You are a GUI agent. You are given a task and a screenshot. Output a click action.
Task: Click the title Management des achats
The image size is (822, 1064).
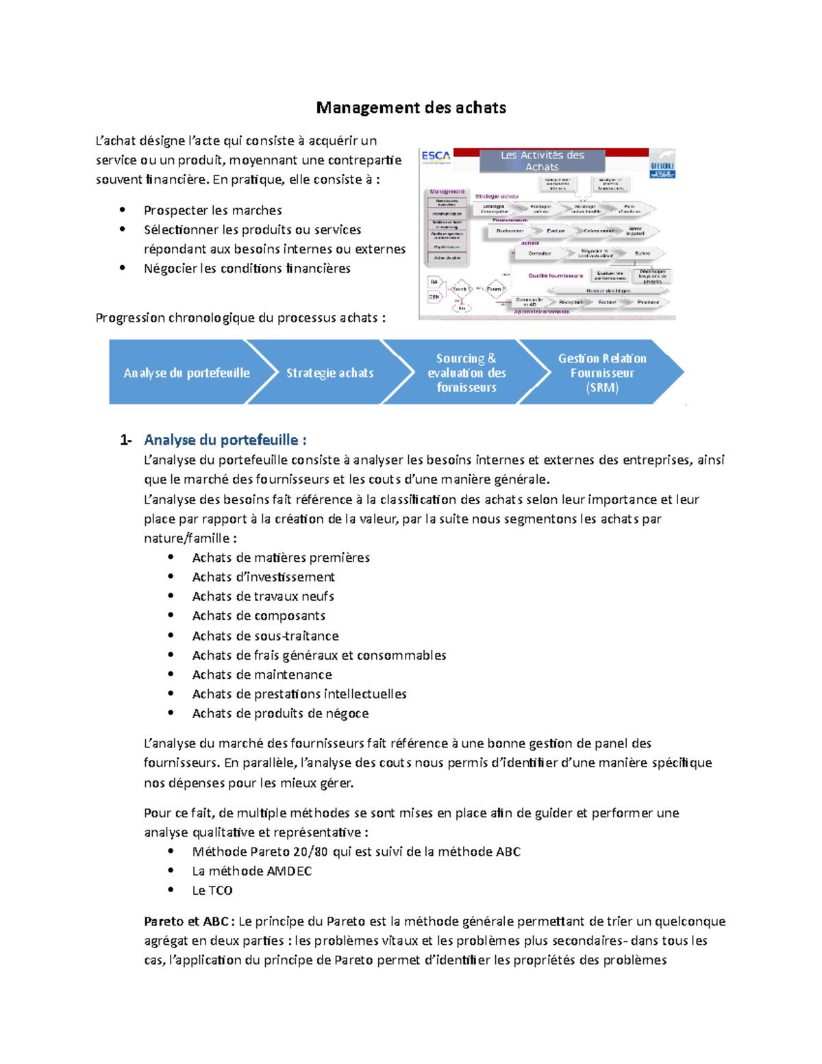point(411,108)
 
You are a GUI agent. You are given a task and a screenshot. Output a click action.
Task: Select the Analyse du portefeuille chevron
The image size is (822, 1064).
point(186,373)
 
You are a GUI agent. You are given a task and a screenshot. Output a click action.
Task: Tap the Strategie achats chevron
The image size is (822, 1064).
point(329,373)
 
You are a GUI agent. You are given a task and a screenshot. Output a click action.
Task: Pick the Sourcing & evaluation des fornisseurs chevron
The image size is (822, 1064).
point(466,373)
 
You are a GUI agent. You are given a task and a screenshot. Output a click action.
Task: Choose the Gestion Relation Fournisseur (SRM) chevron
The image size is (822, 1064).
point(601,373)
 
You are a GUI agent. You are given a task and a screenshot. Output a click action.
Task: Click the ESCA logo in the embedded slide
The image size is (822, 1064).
point(436,156)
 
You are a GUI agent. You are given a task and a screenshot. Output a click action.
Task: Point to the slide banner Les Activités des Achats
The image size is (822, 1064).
point(542,161)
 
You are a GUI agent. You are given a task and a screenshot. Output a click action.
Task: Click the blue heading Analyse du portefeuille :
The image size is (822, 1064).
point(225,440)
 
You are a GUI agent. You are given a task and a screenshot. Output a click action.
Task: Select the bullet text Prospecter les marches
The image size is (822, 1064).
point(212,210)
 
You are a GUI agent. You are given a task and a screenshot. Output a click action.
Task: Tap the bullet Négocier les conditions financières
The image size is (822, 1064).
point(247,269)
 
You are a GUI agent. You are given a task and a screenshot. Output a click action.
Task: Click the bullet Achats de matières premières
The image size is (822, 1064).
point(281,558)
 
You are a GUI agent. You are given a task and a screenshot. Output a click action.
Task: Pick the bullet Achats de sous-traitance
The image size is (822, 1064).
point(265,636)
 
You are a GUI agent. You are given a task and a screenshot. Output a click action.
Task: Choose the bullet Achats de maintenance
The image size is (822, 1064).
point(262,675)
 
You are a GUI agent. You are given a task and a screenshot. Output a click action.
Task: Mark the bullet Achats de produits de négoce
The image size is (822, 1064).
point(280,713)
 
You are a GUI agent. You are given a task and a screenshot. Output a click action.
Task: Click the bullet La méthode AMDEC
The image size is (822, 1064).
point(251,871)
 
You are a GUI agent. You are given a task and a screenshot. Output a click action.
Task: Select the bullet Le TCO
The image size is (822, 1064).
point(212,891)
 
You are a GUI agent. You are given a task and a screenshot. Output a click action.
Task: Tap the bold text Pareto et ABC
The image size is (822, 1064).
point(186,921)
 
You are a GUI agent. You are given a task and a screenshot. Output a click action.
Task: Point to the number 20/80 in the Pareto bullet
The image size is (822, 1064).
point(310,852)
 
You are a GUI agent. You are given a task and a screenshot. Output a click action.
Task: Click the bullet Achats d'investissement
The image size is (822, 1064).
point(263,577)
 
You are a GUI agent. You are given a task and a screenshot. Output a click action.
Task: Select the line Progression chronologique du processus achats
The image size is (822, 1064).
point(240,318)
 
